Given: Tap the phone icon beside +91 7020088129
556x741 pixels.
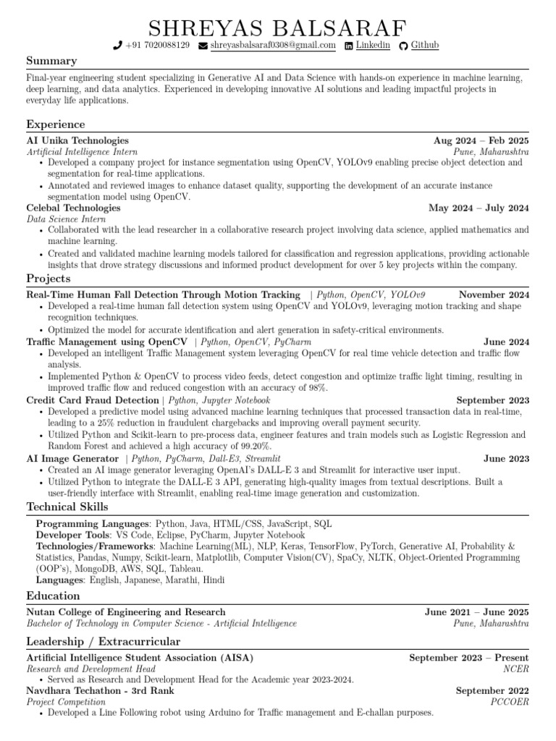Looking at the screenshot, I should (117, 46).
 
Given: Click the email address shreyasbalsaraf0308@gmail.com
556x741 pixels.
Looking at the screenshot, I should (273, 45).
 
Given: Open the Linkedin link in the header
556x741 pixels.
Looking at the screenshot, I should (372, 45).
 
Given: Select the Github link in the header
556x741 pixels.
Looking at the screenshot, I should (424, 45).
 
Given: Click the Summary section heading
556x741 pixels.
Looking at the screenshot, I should (51, 62).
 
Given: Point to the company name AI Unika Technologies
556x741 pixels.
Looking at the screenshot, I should (77, 140).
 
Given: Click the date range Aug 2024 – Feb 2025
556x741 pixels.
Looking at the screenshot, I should (481, 140).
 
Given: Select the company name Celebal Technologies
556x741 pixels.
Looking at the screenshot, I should (73, 208).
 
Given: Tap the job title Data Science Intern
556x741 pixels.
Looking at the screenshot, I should (66, 219).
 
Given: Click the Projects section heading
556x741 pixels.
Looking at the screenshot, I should (49, 279).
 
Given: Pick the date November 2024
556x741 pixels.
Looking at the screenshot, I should (494, 295).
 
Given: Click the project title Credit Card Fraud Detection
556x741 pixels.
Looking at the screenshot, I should (93, 400).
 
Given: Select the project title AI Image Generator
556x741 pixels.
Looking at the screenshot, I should (72, 459).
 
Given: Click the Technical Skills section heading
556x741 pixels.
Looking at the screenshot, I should (67, 507).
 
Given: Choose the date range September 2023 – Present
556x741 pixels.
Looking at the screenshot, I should (468, 658).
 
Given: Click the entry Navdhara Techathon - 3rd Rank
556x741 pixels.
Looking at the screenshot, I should (100, 690).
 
